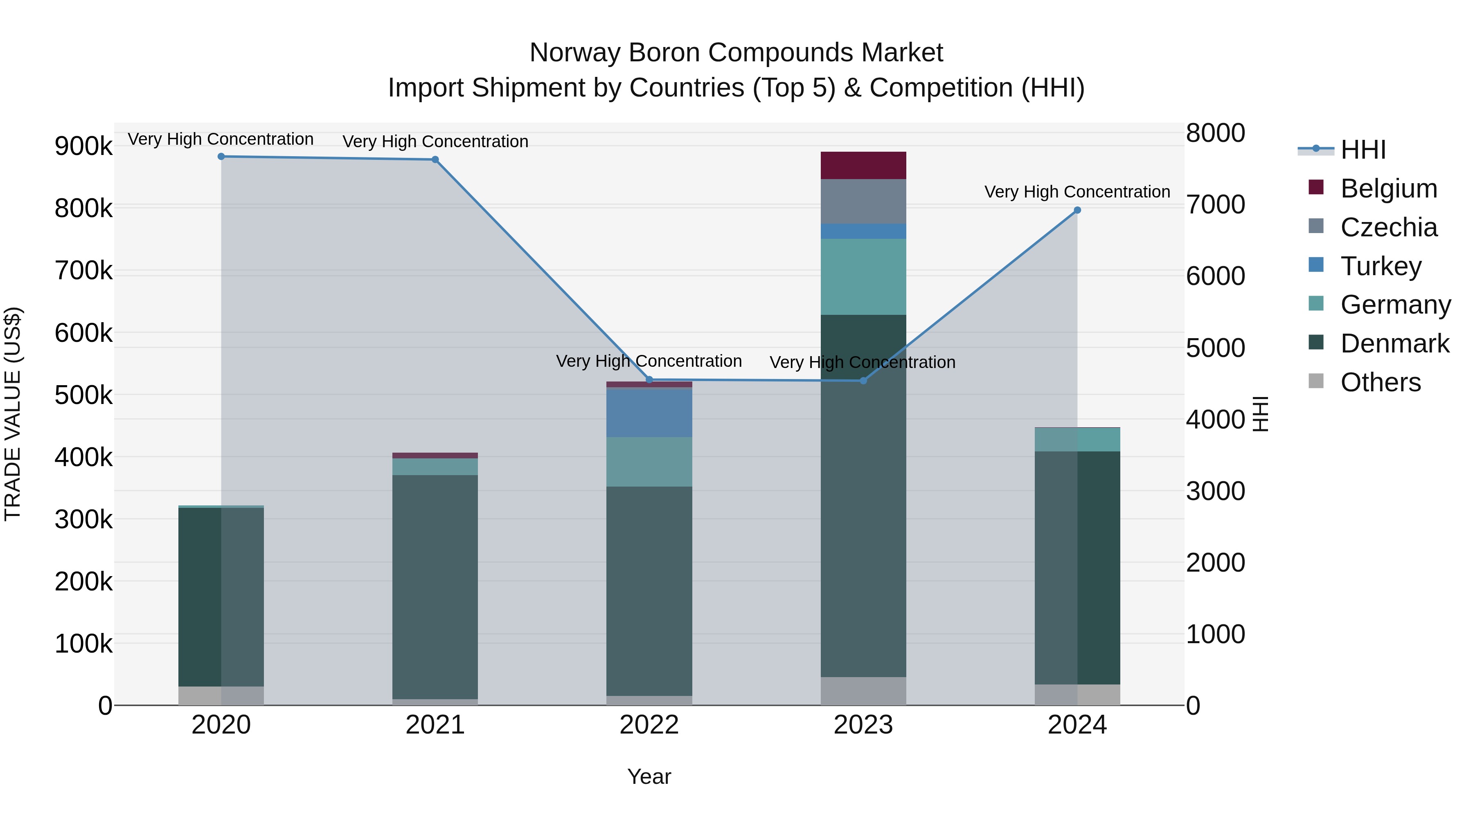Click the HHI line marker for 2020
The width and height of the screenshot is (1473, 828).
click(x=221, y=157)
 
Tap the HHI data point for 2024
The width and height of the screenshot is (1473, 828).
click(x=1077, y=210)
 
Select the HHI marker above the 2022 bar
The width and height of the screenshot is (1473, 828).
click(x=649, y=380)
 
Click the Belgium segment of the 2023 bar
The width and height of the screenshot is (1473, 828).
click(x=863, y=166)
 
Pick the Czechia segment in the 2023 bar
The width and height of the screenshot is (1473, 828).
click(x=863, y=201)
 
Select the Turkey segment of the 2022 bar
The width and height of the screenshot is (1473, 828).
click(x=649, y=413)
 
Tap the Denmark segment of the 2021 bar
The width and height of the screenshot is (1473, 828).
click(x=435, y=587)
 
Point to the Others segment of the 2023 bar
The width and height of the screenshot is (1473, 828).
click(x=863, y=691)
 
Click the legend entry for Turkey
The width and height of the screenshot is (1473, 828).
click(x=1381, y=266)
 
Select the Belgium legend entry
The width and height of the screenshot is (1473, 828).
click(x=1388, y=188)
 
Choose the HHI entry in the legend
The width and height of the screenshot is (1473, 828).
click(x=1363, y=150)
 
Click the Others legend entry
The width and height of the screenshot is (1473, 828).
click(x=1381, y=382)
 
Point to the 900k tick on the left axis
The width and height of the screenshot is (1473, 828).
click(x=83, y=146)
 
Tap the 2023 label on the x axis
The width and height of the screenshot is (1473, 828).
click(x=863, y=725)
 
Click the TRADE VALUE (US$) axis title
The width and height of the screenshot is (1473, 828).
click(x=13, y=414)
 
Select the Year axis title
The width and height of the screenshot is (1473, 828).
click(x=649, y=776)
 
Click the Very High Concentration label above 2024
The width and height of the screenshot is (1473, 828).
click(x=1077, y=192)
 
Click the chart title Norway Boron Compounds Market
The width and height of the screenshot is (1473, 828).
click(x=736, y=53)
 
